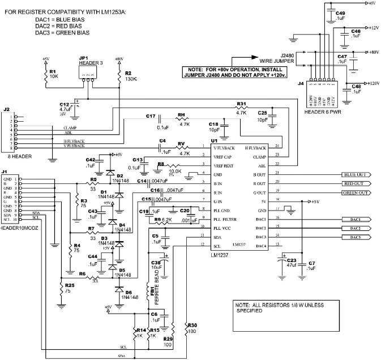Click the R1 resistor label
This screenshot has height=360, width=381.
pyautogui.click(x=53, y=71)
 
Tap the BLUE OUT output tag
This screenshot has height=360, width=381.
pyautogui.click(x=356, y=175)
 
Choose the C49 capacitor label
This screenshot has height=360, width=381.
pyautogui.click(x=340, y=12)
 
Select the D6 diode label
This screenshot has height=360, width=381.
pyautogui.click(x=129, y=292)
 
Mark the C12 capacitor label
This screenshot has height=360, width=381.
pyautogui.click(x=65, y=104)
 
